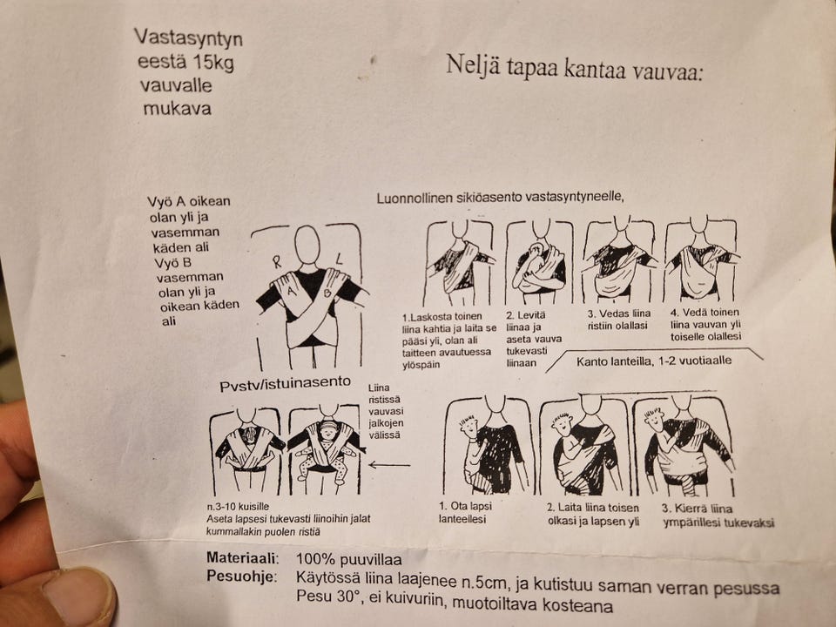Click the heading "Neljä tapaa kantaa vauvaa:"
point(574,66)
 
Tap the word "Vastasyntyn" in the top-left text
point(188,38)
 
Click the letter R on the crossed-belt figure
point(276,260)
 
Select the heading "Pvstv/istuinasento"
point(284,382)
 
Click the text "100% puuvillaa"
point(345,557)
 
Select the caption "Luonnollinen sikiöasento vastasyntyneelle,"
point(501,197)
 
